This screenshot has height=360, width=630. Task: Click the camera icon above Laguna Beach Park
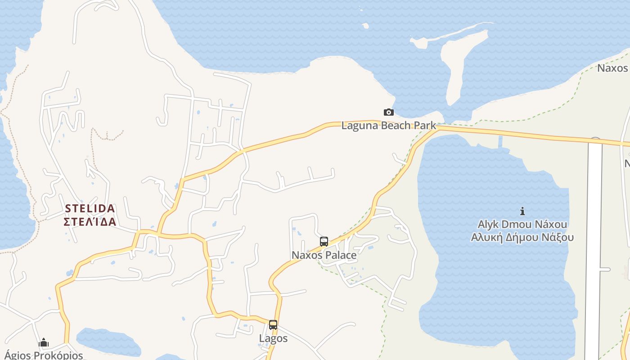click(x=388, y=112)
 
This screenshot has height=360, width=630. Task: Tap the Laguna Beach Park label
click(x=388, y=126)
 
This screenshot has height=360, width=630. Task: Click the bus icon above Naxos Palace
click(x=324, y=242)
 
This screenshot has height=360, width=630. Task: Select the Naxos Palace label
click(x=324, y=255)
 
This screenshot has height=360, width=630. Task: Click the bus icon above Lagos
click(x=273, y=325)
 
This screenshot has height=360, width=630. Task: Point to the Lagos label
click(x=273, y=338)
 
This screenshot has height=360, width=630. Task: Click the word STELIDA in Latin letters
click(x=90, y=209)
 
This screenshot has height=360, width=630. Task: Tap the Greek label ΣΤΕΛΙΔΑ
click(x=90, y=222)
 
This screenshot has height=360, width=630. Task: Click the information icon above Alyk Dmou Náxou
click(x=522, y=211)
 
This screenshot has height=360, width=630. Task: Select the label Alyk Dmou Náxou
click(x=522, y=224)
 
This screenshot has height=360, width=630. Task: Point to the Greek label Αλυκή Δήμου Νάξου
click(x=522, y=237)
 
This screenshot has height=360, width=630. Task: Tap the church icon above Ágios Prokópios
click(x=44, y=343)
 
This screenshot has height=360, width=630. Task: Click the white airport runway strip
click(x=594, y=247)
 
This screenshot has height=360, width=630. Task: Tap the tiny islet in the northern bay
click(x=365, y=26)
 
